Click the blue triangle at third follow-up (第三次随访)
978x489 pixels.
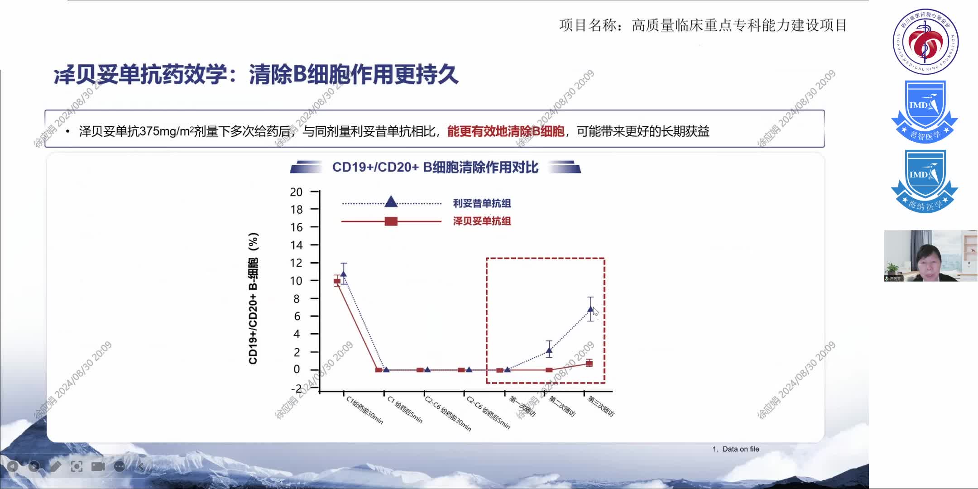pyautogui.click(x=590, y=309)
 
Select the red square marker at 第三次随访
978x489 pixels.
pyautogui.click(x=589, y=363)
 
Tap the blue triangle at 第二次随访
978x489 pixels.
pyautogui.click(x=549, y=350)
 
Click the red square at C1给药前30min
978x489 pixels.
pyautogui.click(x=337, y=281)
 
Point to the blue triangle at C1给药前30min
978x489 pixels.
pyautogui.click(x=344, y=273)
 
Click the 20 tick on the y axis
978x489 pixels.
pyautogui.click(x=296, y=192)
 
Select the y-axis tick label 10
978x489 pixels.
pyautogui.click(x=296, y=281)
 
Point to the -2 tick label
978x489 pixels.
pyautogui.click(x=296, y=388)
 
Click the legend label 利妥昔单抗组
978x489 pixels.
pyautogui.click(x=482, y=203)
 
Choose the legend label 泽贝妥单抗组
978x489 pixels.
pyautogui.click(x=482, y=221)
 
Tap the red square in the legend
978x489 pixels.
pyautogui.click(x=391, y=221)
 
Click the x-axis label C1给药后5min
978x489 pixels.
pyautogui.click(x=405, y=410)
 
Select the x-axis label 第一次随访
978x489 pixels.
pyautogui.click(x=522, y=406)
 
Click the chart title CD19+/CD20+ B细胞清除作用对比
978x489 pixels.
pyautogui.click(x=435, y=168)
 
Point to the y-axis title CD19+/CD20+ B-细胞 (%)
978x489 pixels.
pyautogui.click(x=253, y=298)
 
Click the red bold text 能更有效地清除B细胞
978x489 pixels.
pyautogui.click(x=506, y=131)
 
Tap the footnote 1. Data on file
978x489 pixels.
pyautogui.click(x=736, y=449)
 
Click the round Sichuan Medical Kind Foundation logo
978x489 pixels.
pyautogui.click(x=925, y=42)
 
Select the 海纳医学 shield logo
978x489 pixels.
pyautogui.click(x=924, y=181)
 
